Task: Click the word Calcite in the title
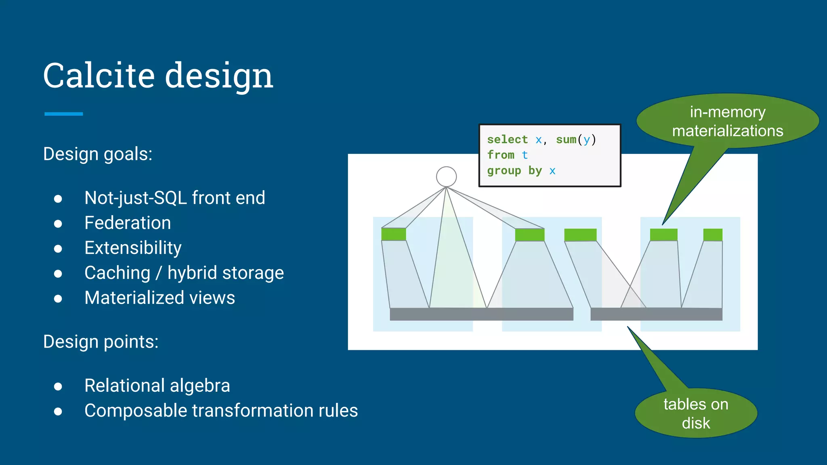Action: click(x=99, y=75)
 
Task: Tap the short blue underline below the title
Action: click(x=63, y=114)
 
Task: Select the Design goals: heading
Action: click(x=98, y=154)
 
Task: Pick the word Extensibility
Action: click(x=133, y=248)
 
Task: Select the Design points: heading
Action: click(x=101, y=342)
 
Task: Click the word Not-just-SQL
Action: click(x=135, y=198)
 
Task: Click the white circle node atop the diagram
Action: click(x=446, y=177)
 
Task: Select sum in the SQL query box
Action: click(x=566, y=140)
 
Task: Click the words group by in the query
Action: click(x=514, y=171)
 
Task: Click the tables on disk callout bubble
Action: click(x=696, y=413)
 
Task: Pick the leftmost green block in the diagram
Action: click(x=393, y=234)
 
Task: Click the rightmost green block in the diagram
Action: click(x=713, y=235)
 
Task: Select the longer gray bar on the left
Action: click(x=481, y=314)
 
